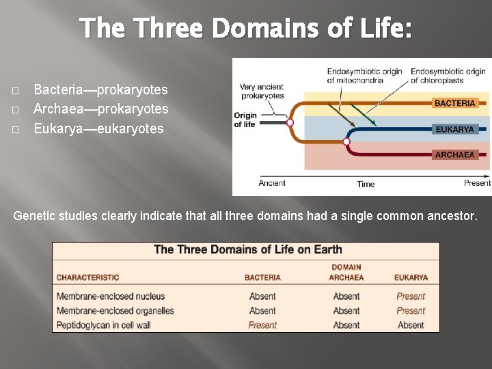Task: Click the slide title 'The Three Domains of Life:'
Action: (245, 29)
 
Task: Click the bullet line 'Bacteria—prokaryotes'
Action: (100, 90)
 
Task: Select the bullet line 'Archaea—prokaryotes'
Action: (100, 109)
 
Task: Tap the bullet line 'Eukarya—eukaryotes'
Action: (98, 128)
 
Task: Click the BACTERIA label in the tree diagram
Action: (454, 103)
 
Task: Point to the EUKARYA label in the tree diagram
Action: (454, 129)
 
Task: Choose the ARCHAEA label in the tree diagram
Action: (454, 154)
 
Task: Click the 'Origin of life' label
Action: (245, 120)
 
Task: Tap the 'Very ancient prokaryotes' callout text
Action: (262, 92)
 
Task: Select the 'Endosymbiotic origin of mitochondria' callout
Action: (364, 76)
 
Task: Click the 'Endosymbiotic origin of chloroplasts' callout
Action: (448, 76)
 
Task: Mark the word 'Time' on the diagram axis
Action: (366, 184)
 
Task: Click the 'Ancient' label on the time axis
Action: (272, 183)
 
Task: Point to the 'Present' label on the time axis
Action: (477, 183)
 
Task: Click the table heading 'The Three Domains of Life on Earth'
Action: (247, 249)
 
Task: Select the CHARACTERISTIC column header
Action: (87, 277)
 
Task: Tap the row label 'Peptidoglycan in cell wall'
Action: (103, 325)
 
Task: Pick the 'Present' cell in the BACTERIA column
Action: (262, 325)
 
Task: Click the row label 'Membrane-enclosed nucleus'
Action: (111, 297)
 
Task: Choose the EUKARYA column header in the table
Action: (411, 277)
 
